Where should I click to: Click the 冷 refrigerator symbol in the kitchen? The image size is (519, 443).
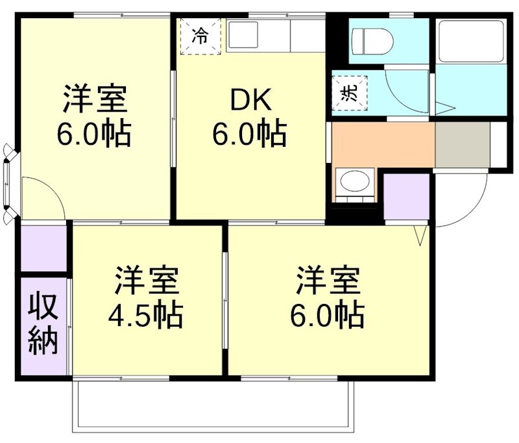point(200,36)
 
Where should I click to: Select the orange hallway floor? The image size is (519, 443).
point(383,144)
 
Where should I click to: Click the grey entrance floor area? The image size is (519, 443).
point(462,144)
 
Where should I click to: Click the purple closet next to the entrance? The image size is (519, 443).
point(407,197)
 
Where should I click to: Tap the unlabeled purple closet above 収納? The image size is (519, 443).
point(43,247)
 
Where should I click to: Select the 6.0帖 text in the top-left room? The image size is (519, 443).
point(93,134)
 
